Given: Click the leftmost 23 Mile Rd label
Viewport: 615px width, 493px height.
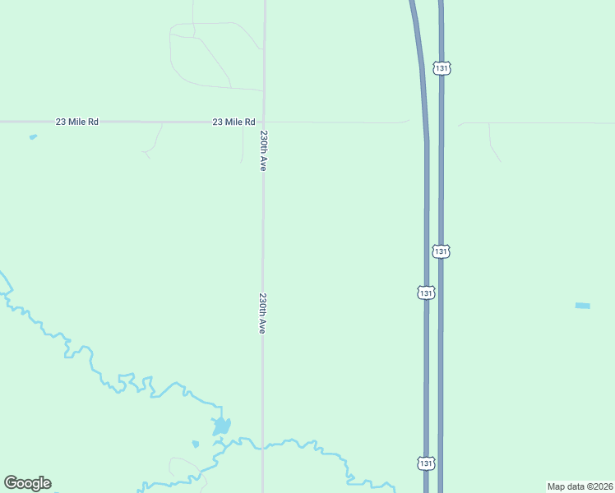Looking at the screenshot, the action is click(77, 122).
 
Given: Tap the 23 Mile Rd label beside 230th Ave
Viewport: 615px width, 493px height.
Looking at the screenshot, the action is click(234, 122).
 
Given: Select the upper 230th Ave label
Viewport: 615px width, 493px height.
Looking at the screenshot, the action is click(264, 150).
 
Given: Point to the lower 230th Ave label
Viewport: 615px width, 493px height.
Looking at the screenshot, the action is click(263, 313).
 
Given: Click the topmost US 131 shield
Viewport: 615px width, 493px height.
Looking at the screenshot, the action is click(442, 69).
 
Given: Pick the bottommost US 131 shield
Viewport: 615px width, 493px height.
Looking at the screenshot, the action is click(424, 463).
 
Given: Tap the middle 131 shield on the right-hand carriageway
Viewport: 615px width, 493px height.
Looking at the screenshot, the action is click(442, 251).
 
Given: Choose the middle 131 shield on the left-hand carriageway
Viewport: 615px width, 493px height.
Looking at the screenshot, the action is click(425, 293).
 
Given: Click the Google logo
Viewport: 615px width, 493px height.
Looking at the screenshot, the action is click(28, 483).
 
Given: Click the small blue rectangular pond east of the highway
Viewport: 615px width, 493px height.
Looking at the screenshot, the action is click(582, 306).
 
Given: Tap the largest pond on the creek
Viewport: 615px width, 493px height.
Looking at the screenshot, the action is click(221, 426).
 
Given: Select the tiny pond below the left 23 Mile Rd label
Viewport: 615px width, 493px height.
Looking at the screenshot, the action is click(33, 136).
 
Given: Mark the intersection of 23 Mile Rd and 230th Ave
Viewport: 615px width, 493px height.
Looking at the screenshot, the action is click(264, 122).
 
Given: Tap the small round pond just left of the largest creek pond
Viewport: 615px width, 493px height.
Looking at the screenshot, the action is click(195, 445).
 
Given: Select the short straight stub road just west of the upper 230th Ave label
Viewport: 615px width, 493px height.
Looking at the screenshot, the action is click(243, 141).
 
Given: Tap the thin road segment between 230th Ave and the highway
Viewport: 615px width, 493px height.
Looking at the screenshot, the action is click(337, 122).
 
